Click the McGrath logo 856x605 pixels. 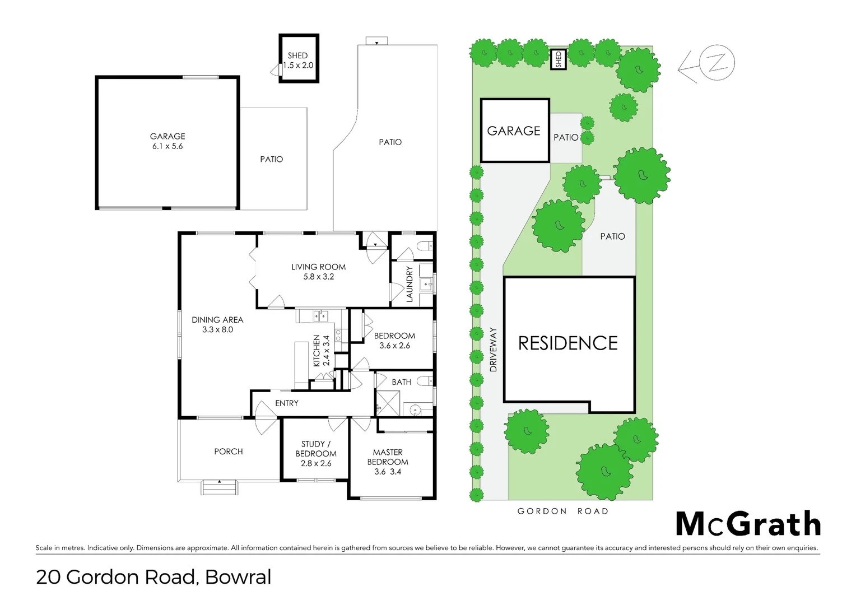(748, 524)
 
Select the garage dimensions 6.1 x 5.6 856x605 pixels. (168, 146)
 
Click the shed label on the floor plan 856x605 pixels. (297, 55)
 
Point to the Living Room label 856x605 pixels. (318, 267)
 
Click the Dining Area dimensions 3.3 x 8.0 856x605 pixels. (217, 330)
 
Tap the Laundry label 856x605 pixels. (410, 284)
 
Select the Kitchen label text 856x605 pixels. (317, 351)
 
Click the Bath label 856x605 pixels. (401, 382)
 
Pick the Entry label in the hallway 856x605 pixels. (286, 403)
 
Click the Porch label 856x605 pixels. (229, 452)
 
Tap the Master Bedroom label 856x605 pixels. (388, 457)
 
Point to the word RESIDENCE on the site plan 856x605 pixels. (567, 343)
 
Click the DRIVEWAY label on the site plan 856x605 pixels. (493, 350)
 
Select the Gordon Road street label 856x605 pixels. (562, 511)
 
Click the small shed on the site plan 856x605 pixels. (558, 59)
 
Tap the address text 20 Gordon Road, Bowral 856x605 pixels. (153, 577)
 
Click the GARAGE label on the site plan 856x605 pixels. (514, 131)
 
